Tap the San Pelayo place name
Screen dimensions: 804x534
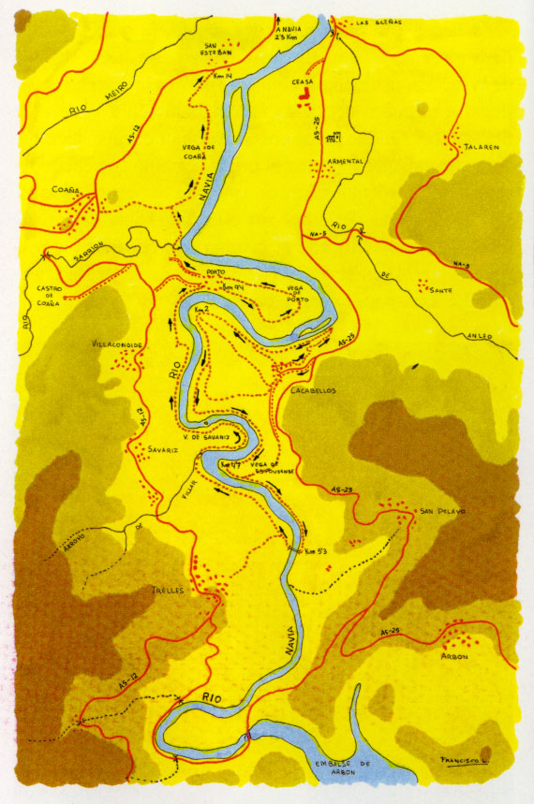click(441, 511)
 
